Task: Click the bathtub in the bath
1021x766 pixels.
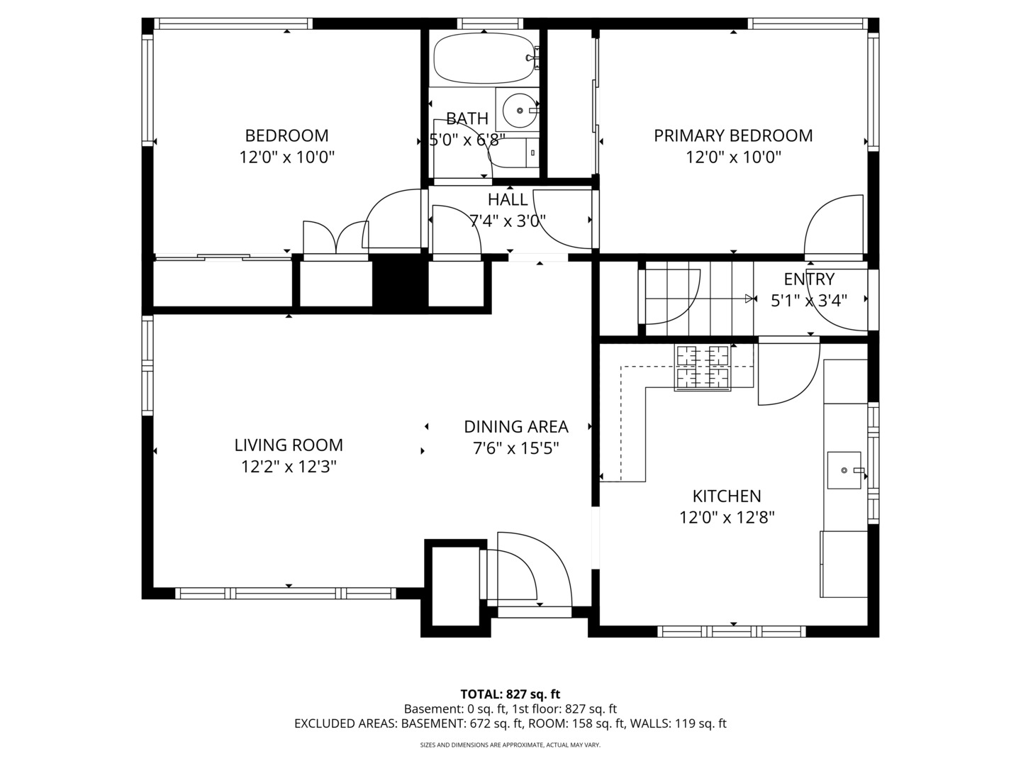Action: pyautogui.click(x=484, y=59)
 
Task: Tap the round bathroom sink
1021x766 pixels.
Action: pyautogui.click(x=520, y=111)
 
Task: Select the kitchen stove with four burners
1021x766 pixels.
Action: pyautogui.click(x=702, y=367)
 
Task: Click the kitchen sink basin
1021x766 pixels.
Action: pyautogui.click(x=844, y=470)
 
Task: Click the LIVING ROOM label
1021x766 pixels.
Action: pyautogui.click(x=289, y=445)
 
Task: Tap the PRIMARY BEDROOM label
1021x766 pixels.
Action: pyautogui.click(x=733, y=135)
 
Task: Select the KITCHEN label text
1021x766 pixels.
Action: pyautogui.click(x=727, y=496)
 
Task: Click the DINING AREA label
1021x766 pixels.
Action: pyautogui.click(x=515, y=426)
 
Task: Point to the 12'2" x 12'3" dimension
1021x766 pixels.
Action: pyautogui.click(x=289, y=467)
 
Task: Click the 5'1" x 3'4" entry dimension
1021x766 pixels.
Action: pyautogui.click(x=809, y=301)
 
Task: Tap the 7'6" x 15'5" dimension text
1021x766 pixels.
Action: pyautogui.click(x=515, y=448)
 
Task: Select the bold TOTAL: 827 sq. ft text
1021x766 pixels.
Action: pyautogui.click(x=510, y=694)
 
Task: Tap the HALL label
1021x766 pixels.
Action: pyautogui.click(x=508, y=199)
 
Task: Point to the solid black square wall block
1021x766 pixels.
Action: pyautogui.click(x=399, y=283)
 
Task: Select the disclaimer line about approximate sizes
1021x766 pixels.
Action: pyautogui.click(x=510, y=745)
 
